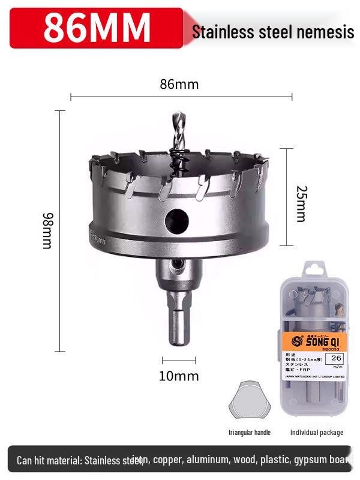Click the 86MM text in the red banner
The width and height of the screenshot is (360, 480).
point(97,27)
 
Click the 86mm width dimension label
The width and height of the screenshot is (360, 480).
point(179,84)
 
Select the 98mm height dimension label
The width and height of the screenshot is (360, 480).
point(47,230)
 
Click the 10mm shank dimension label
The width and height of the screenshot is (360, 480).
point(179,376)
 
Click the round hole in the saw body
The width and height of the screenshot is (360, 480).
point(176,221)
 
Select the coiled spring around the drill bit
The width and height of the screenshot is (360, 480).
point(178,161)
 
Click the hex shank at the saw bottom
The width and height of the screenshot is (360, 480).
point(179,324)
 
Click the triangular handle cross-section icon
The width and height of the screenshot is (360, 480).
point(250,401)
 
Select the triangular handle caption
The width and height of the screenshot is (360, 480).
point(250,432)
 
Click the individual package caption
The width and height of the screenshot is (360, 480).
point(317,432)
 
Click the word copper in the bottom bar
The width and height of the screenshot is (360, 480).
point(172,460)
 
